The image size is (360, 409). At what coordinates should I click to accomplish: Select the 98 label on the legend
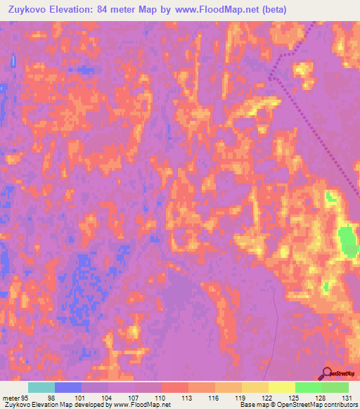[x=51, y=397]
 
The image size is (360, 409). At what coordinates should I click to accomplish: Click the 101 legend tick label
[x=78, y=397]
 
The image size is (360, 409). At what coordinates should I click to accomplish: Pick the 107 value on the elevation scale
[x=131, y=397]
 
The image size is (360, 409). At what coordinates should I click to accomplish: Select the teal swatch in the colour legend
[x=41, y=387]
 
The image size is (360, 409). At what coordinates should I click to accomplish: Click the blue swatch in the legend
[x=68, y=387]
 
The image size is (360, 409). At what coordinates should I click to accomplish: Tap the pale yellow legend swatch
[x=281, y=387]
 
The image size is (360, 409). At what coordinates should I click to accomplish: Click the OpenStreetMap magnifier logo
[x=327, y=373]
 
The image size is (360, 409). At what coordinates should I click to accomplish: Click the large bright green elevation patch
[x=347, y=241]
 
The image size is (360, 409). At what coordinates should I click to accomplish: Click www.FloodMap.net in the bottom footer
[x=141, y=405]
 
